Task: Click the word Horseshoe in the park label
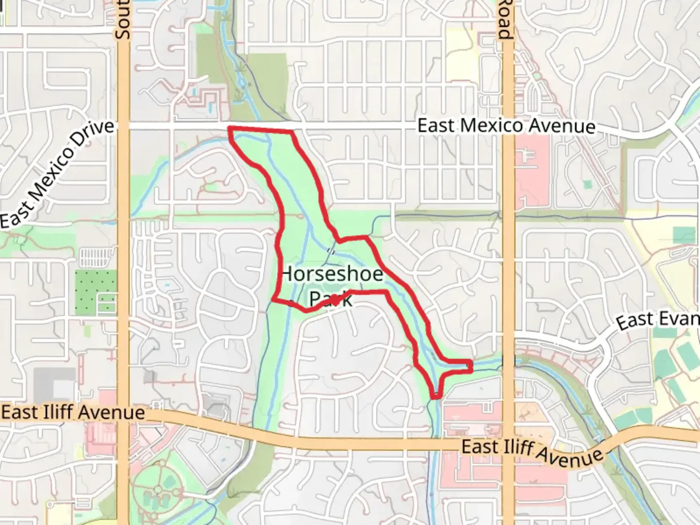[332, 274]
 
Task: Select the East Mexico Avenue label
[506, 126]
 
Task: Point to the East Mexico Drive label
[57, 174]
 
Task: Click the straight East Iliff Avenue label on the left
[73, 413]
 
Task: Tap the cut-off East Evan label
[658, 320]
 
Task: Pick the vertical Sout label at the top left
[122, 19]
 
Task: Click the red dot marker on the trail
[335, 300]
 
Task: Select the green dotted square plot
[96, 291]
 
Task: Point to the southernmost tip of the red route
[436, 397]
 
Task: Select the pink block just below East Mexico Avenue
[532, 170]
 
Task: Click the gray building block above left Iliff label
[54, 384]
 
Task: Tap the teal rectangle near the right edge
[684, 235]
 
